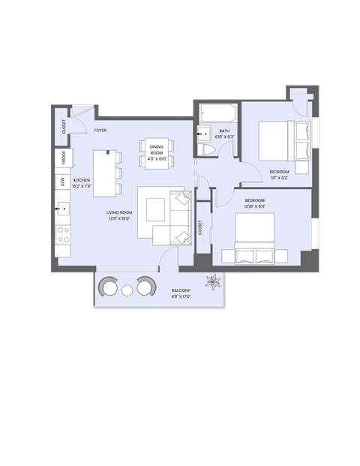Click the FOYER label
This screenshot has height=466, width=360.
click(100, 131)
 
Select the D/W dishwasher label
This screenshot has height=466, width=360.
click(63, 182)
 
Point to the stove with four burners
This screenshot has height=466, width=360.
click(63, 235)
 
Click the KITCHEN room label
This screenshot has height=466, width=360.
click(82, 180)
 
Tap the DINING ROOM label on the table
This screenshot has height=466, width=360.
click(156, 149)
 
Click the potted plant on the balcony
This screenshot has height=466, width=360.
click(215, 283)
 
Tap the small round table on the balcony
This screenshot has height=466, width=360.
click(127, 290)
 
